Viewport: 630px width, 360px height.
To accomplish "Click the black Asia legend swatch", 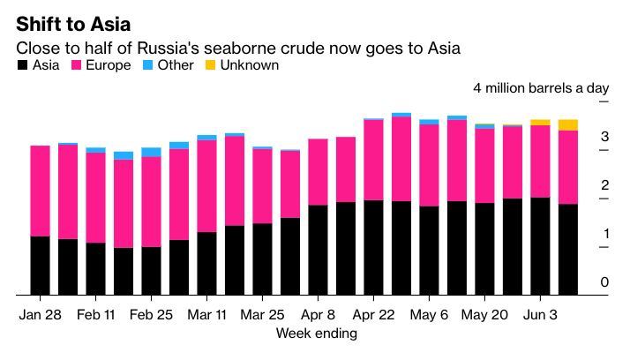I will [20, 65].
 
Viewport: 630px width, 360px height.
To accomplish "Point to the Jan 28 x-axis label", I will [40, 314].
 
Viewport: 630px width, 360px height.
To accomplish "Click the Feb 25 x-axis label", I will [151, 314].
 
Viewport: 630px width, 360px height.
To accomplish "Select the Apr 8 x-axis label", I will [318, 314].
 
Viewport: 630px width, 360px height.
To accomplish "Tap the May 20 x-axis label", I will [484, 314].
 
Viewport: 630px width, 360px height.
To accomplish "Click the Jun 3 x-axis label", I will [540, 314].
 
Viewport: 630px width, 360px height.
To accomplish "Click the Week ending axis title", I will [316, 333].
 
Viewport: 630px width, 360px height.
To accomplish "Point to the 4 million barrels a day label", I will [539, 88].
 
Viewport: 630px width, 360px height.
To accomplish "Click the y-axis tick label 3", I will [604, 137].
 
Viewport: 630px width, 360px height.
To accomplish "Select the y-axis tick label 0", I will [604, 282].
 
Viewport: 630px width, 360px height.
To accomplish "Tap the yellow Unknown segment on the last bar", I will [568, 124].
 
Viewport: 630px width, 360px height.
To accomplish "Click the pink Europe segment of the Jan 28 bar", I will [40, 191].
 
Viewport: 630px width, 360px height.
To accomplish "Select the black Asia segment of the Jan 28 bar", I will [40, 265].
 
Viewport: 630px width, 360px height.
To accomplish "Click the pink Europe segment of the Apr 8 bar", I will [318, 172].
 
